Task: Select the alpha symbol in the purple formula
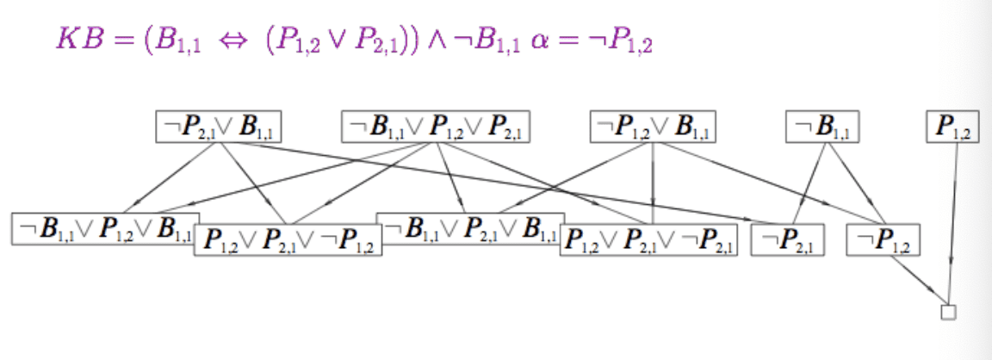coord(542,42)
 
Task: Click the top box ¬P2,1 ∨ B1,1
coord(219,127)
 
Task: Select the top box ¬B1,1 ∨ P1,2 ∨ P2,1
coord(435,127)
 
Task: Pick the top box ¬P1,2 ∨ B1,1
coord(653,127)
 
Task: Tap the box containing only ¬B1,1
coord(822,127)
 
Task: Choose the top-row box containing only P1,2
coord(953,127)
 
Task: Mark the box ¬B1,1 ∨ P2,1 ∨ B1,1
coord(470,228)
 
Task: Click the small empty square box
coord(948,312)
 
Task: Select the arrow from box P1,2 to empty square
coord(952,224)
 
